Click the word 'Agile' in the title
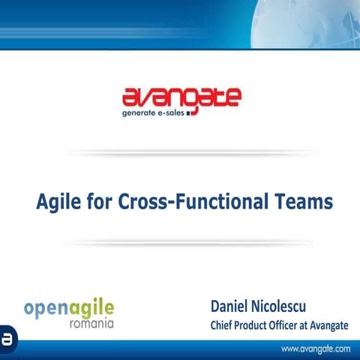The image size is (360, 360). click(60, 202)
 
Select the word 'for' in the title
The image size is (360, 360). click(100, 202)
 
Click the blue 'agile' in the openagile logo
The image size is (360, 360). click(93, 308)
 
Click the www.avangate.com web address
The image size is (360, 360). click(316, 349)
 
